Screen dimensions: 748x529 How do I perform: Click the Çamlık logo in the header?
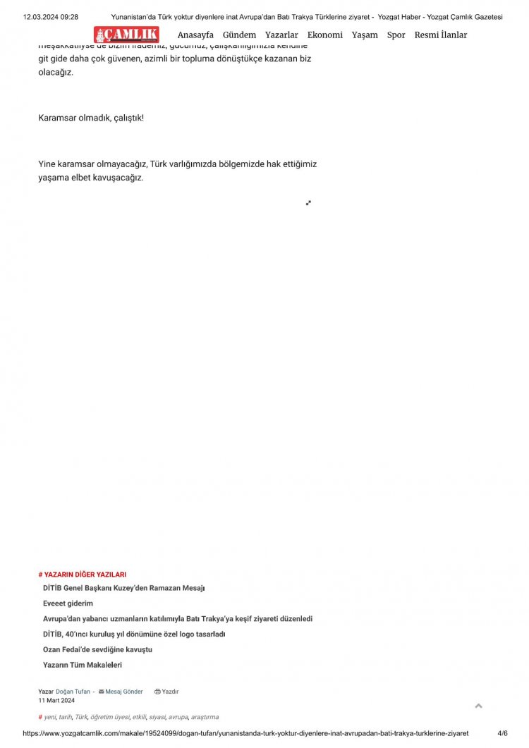point(127,35)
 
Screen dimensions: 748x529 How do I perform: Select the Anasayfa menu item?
point(195,35)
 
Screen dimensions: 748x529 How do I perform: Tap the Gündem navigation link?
point(239,35)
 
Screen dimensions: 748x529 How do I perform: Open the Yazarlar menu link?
point(281,35)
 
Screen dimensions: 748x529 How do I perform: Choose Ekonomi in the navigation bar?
point(325,35)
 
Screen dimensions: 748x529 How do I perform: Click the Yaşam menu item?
point(365,35)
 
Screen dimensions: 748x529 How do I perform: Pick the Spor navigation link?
point(396,35)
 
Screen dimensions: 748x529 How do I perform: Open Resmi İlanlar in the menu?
point(441,35)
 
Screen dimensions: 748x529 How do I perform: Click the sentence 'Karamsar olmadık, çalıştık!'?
point(91,118)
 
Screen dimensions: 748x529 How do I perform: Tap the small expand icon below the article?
point(308,203)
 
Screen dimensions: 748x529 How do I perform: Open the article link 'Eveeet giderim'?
point(68,603)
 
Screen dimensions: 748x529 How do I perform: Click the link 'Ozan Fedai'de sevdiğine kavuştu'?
point(97,649)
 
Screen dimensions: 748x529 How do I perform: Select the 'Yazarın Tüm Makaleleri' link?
point(83,665)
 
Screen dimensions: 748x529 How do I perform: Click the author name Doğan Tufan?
point(73,692)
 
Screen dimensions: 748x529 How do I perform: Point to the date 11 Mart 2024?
point(56,700)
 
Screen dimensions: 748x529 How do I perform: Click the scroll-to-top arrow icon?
point(479,706)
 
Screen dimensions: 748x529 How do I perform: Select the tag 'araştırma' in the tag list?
point(205,717)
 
